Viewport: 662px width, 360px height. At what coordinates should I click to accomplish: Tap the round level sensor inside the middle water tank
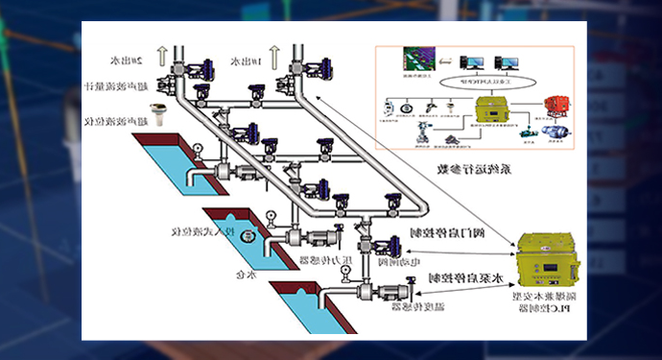click(248, 234)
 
